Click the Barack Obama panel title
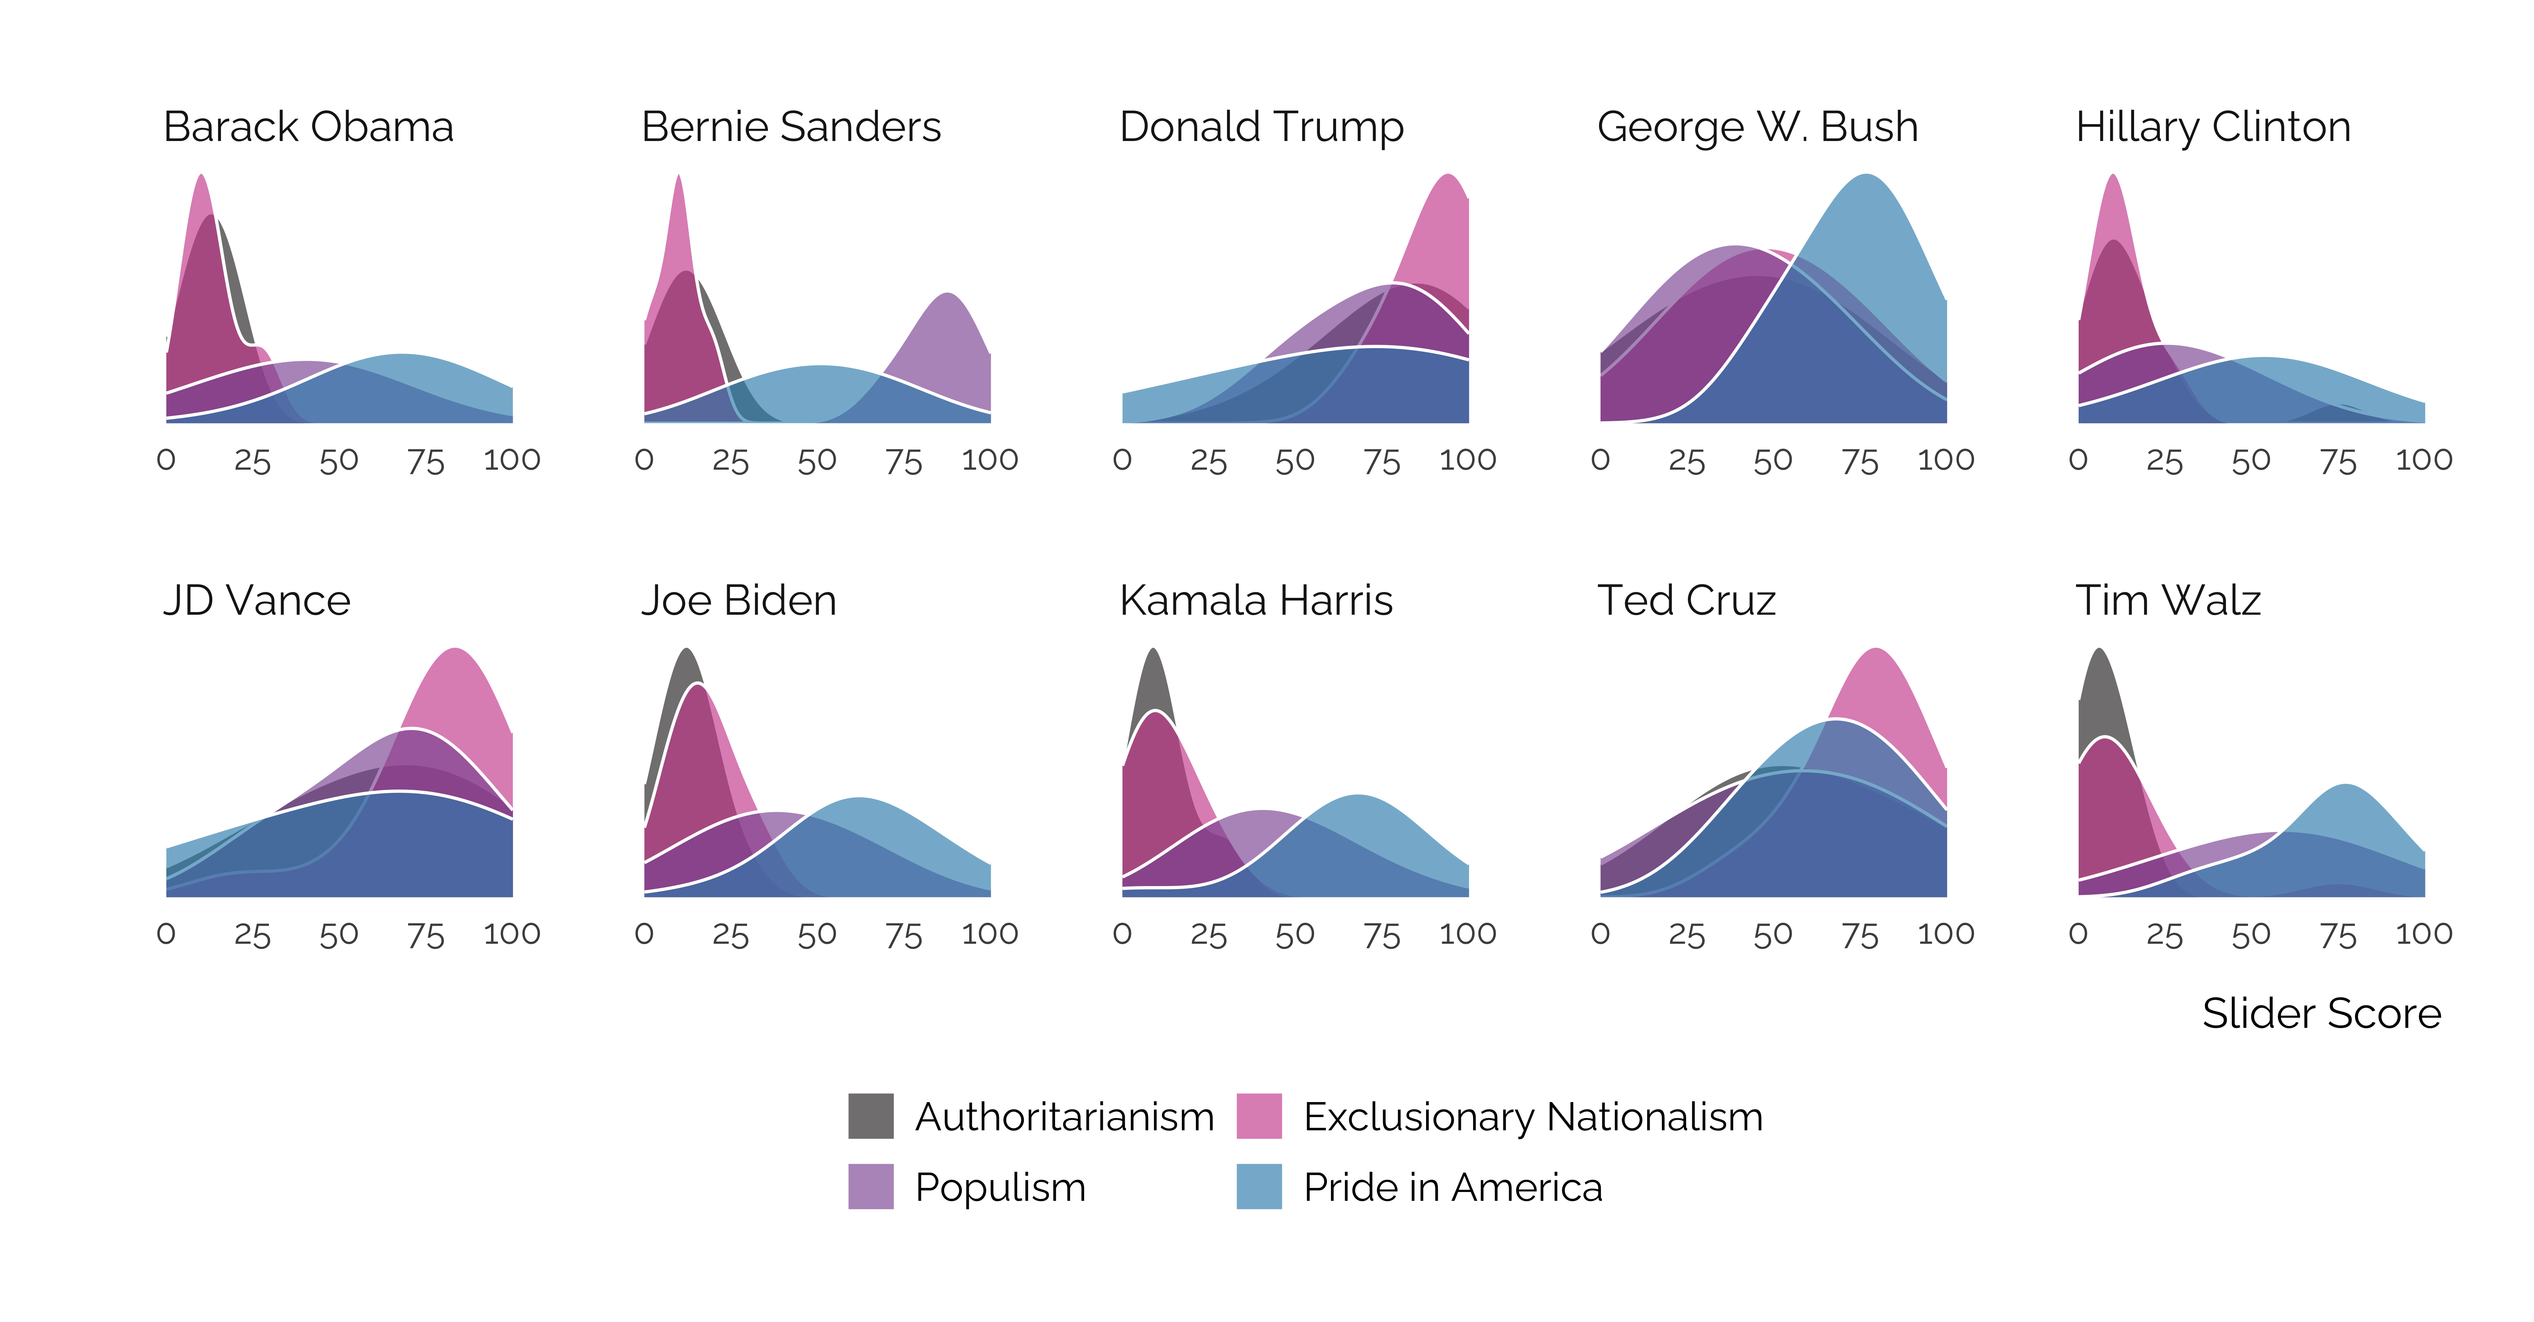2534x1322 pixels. point(308,127)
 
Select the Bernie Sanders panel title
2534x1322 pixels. point(791,127)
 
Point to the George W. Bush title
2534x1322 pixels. point(1757,127)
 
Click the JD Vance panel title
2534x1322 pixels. point(257,600)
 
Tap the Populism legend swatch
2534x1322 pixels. point(871,1186)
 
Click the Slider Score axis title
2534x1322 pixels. point(2321,1013)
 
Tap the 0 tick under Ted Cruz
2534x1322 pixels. point(1600,933)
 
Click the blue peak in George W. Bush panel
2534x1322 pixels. point(1866,177)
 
